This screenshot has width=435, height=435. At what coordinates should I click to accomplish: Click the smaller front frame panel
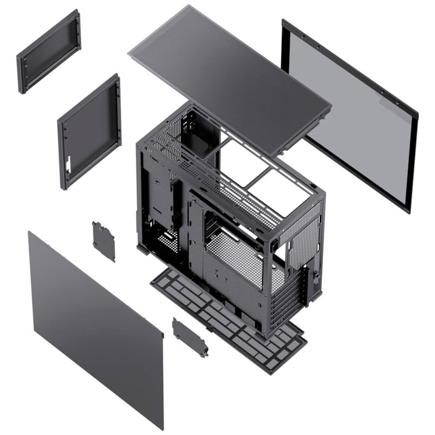click(x=48, y=51)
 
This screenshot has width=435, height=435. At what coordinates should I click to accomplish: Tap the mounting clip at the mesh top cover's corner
click(x=324, y=117)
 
